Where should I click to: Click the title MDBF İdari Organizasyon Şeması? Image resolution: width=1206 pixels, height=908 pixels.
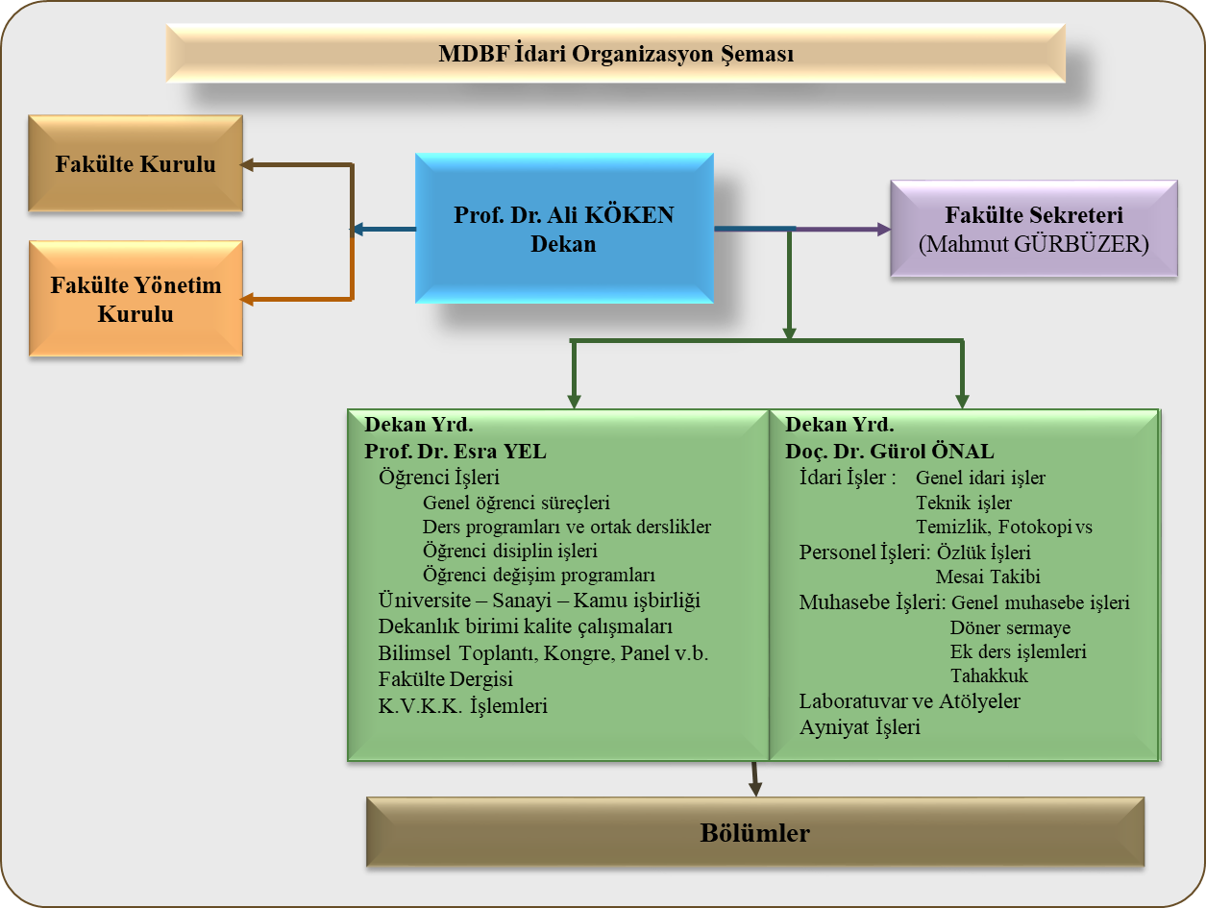pyautogui.click(x=616, y=54)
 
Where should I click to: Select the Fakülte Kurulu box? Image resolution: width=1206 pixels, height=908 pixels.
pyautogui.click(x=135, y=163)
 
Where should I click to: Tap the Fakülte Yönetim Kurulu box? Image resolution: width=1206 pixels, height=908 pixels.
pyautogui.click(x=135, y=299)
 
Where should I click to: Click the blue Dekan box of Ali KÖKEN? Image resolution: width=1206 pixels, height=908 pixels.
pyautogui.click(x=564, y=229)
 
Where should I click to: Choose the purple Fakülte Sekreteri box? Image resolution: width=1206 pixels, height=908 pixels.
pyautogui.click(x=1033, y=229)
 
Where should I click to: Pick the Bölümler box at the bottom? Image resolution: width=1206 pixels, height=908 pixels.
pyautogui.click(x=755, y=832)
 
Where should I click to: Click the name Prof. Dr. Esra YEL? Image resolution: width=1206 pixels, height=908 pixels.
pyautogui.click(x=455, y=451)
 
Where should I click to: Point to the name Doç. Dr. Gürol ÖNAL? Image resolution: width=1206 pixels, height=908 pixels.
pyautogui.click(x=890, y=451)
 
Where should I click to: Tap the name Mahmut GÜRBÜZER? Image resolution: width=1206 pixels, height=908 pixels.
pyautogui.click(x=1033, y=244)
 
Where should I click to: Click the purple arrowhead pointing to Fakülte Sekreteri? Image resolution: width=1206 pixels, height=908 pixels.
pyautogui.click(x=884, y=229)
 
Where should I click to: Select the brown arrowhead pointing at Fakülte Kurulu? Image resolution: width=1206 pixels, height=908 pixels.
pyautogui.click(x=247, y=164)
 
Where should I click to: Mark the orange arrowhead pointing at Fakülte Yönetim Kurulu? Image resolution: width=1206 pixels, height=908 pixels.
pyautogui.click(x=247, y=300)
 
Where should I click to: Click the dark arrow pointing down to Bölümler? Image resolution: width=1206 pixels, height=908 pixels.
pyautogui.click(x=755, y=779)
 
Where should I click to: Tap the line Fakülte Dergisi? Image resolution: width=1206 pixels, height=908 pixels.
pyautogui.click(x=445, y=679)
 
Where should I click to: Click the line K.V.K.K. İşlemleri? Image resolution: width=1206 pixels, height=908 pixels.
pyautogui.click(x=462, y=705)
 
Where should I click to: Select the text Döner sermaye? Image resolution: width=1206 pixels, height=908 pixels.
pyautogui.click(x=1010, y=627)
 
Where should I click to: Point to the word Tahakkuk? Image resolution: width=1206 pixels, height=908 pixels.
pyautogui.click(x=989, y=675)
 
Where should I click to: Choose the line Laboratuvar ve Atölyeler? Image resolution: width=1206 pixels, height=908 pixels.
pyautogui.click(x=909, y=700)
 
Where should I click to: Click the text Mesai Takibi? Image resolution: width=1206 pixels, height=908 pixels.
pyautogui.click(x=988, y=577)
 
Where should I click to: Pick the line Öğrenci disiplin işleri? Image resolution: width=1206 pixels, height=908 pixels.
pyautogui.click(x=509, y=551)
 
